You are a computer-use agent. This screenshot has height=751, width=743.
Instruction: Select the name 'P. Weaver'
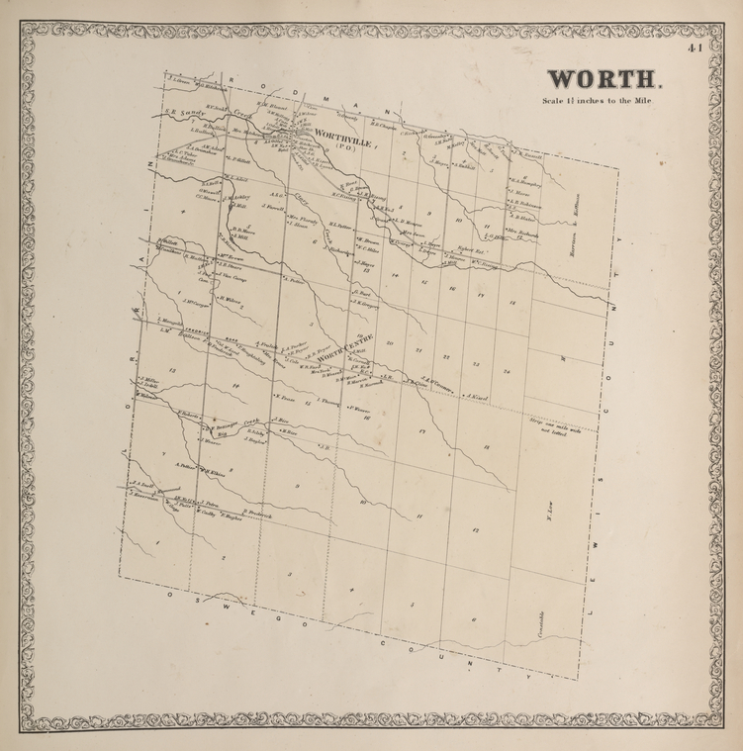(359, 409)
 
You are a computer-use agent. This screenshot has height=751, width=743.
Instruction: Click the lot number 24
(507, 371)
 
